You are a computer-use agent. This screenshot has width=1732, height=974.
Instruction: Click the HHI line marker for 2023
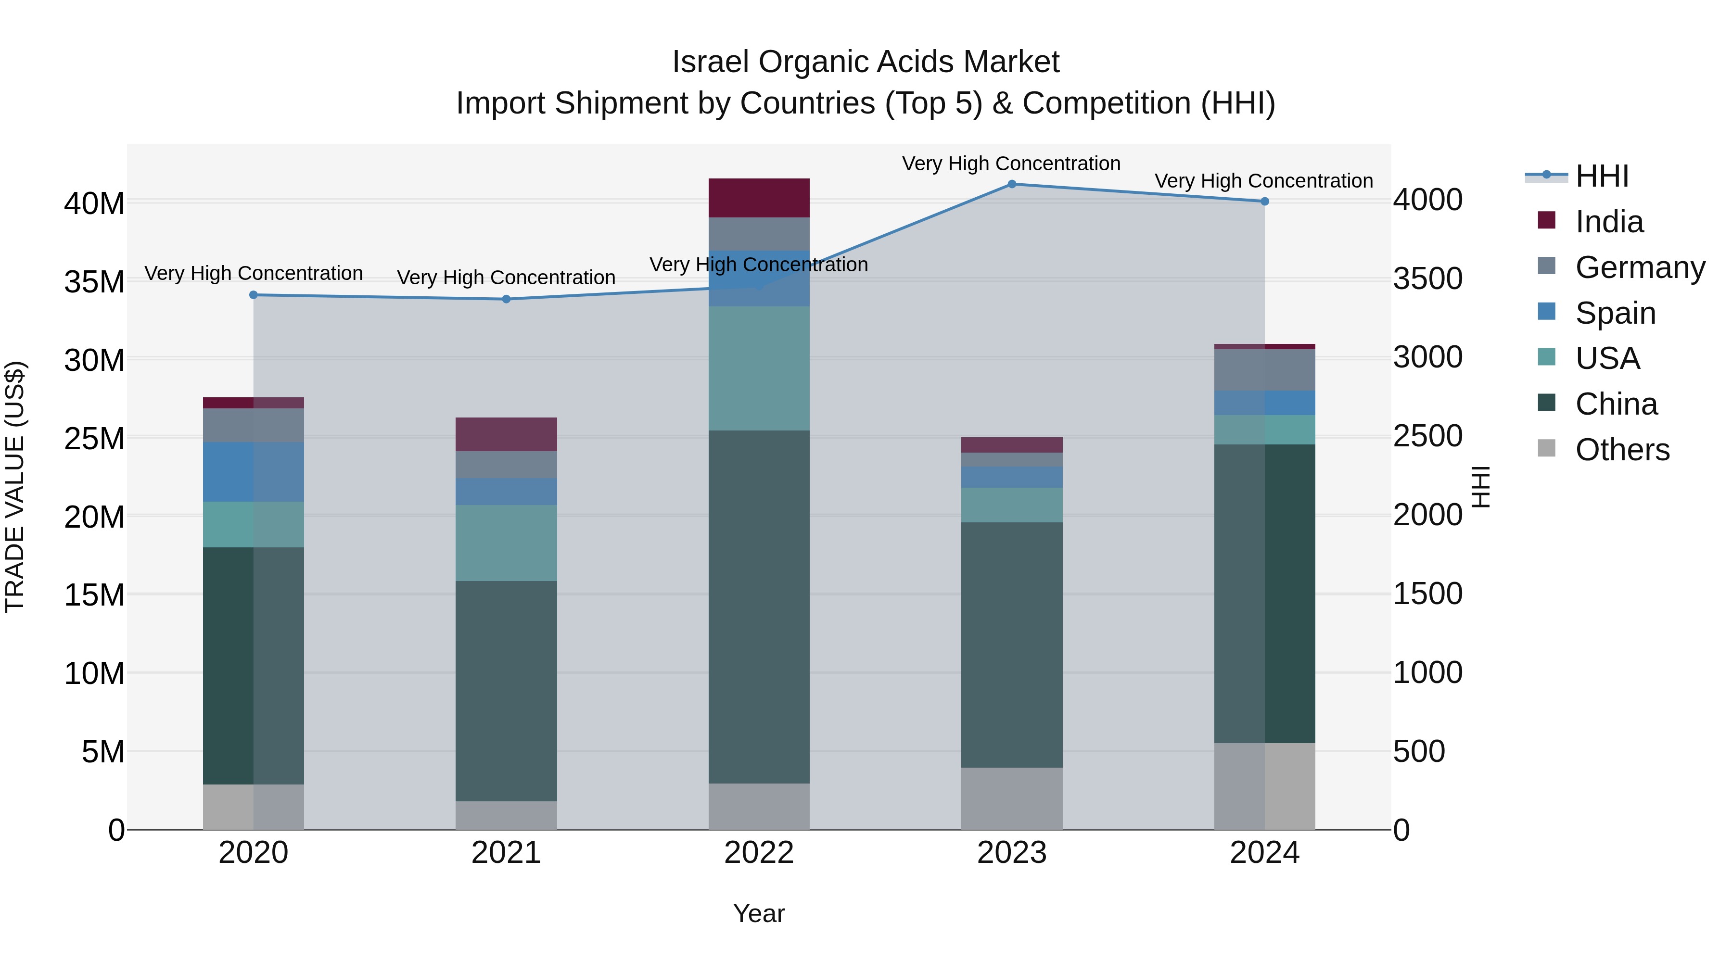coord(1011,184)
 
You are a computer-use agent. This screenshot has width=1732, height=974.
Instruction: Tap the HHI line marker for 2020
coord(254,295)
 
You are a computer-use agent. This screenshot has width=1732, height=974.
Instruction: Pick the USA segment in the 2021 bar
coord(506,543)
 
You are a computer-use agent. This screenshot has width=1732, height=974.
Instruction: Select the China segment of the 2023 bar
coord(1011,645)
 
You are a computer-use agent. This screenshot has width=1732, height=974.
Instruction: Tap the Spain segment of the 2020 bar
coord(254,472)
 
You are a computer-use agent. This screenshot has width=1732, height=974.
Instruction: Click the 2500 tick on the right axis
coord(1427,436)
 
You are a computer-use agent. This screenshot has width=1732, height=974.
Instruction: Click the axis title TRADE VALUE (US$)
coord(15,487)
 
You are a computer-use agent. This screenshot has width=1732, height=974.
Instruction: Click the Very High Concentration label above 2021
coord(506,278)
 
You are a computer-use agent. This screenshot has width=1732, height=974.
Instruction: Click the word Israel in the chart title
coord(710,63)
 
